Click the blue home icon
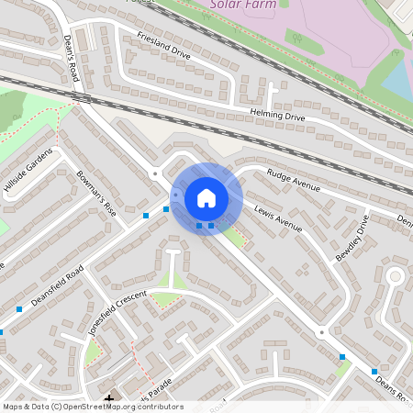tap(206, 197)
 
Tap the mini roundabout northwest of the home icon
tap(156, 173)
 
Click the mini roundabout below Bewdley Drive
tap(320, 332)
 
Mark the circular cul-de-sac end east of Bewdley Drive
tap(396, 275)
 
